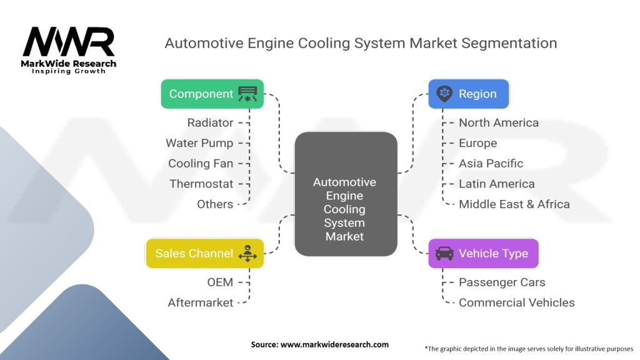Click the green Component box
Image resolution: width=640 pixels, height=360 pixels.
click(212, 94)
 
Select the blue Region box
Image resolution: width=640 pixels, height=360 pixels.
click(469, 94)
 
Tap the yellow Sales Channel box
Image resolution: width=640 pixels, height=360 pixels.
click(205, 254)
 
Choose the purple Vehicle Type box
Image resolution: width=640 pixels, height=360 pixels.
click(483, 254)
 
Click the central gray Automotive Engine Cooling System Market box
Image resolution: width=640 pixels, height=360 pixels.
click(346, 194)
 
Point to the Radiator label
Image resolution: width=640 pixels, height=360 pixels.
click(210, 122)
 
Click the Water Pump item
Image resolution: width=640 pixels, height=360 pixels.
click(199, 143)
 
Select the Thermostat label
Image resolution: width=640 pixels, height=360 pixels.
click(202, 184)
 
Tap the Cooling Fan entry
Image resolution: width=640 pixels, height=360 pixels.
click(201, 163)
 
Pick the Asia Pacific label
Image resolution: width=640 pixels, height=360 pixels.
click(491, 163)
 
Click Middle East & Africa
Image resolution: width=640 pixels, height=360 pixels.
click(514, 204)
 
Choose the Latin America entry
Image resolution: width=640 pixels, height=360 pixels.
click(497, 184)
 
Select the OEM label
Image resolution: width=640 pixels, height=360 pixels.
click(220, 282)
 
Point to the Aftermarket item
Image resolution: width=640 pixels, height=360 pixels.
click(201, 302)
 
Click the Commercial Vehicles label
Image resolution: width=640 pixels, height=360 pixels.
click(517, 302)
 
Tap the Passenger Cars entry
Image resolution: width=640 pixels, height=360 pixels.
click(502, 282)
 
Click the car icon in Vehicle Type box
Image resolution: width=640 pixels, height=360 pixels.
click(444, 254)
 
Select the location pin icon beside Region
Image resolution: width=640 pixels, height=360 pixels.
click(444, 94)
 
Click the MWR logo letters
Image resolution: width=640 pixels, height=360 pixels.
click(69, 41)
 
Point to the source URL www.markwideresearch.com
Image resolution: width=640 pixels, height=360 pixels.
click(335, 344)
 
